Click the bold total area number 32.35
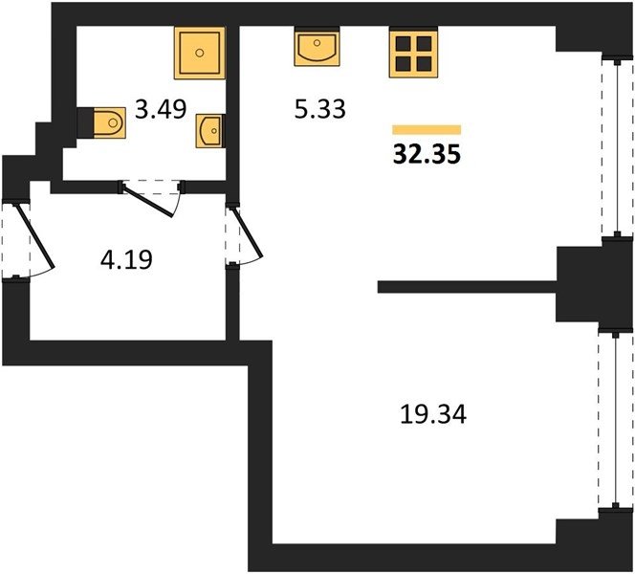point(427,154)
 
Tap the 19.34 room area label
point(433,414)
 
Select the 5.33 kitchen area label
point(320,109)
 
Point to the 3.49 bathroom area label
point(161,109)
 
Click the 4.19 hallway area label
point(126,259)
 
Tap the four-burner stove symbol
point(413,53)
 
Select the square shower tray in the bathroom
point(200,53)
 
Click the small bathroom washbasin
point(209,130)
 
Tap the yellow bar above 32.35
point(427,129)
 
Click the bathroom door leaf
point(148,200)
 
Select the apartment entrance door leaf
point(34,236)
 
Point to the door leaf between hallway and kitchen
point(247,232)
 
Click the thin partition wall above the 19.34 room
point(467,287)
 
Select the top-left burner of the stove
point(404,43)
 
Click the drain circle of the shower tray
point(200,53)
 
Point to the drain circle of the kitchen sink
point(317,42)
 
